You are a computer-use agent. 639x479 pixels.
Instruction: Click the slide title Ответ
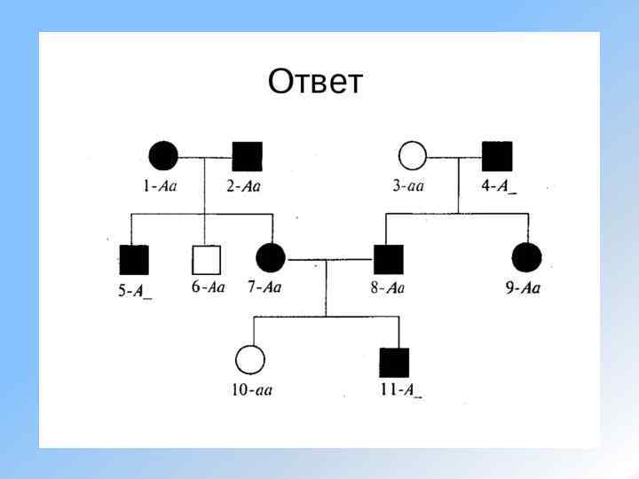point(315,82)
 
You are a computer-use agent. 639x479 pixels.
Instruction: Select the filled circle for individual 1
point(162,156)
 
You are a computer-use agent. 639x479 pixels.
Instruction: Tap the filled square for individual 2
point(247,156)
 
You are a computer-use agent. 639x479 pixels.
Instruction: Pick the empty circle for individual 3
point(412,156)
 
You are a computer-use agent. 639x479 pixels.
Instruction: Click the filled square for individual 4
point(497,156)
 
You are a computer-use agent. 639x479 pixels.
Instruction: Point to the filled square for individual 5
point(134,259)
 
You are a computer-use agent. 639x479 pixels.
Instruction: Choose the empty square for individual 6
point(206,259)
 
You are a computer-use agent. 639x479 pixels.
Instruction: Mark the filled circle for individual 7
point(270,259)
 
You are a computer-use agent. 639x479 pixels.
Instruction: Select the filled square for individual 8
point(388,259)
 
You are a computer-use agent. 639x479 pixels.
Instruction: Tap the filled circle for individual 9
point(526,258)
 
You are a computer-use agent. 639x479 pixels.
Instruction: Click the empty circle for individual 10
point(250,361)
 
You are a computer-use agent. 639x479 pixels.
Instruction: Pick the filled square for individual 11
point(394,362)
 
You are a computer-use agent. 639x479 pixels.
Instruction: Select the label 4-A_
point(498,187)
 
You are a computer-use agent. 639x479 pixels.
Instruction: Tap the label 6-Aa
point(209,287)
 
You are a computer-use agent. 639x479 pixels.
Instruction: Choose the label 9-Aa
point(524,287)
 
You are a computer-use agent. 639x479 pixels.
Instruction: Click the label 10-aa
point(251,390)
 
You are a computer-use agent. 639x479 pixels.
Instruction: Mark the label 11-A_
point(398,390)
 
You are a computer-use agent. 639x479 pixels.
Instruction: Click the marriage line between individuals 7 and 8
point(328,260)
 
